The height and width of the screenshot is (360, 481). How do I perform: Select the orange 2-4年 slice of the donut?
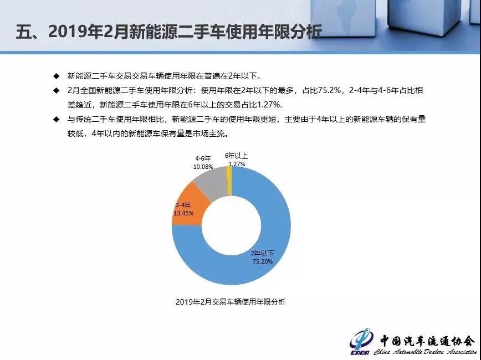[x=188, y=205]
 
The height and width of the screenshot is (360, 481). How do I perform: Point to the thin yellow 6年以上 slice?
[x=229, y=181]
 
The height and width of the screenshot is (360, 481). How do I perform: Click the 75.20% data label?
[x=263, y=261]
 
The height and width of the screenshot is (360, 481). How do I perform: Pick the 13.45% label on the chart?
[x=183, y=213]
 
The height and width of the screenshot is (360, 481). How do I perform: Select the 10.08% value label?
[x=203, y=167]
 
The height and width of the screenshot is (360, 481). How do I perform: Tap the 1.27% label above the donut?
[x=237, y=164]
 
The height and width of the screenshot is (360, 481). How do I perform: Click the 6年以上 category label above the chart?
[x=236, y=156]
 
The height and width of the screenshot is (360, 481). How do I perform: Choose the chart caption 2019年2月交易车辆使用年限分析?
[x=231, y=302]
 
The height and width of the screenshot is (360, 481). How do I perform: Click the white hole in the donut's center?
[x=231, y=225]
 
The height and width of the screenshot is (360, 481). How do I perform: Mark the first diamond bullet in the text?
[x=56, y=76]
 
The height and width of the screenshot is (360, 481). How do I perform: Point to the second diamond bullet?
[x=56, y=90]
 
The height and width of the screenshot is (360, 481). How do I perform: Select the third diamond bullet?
[x=56, y=119]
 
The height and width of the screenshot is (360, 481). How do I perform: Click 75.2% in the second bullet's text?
[x=330, y=90]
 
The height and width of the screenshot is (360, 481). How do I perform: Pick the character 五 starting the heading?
[x=23, y=32]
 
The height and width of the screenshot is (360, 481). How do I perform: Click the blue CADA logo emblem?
[x=361, y=342]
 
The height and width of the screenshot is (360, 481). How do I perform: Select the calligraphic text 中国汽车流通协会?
[x=428, y=341]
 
